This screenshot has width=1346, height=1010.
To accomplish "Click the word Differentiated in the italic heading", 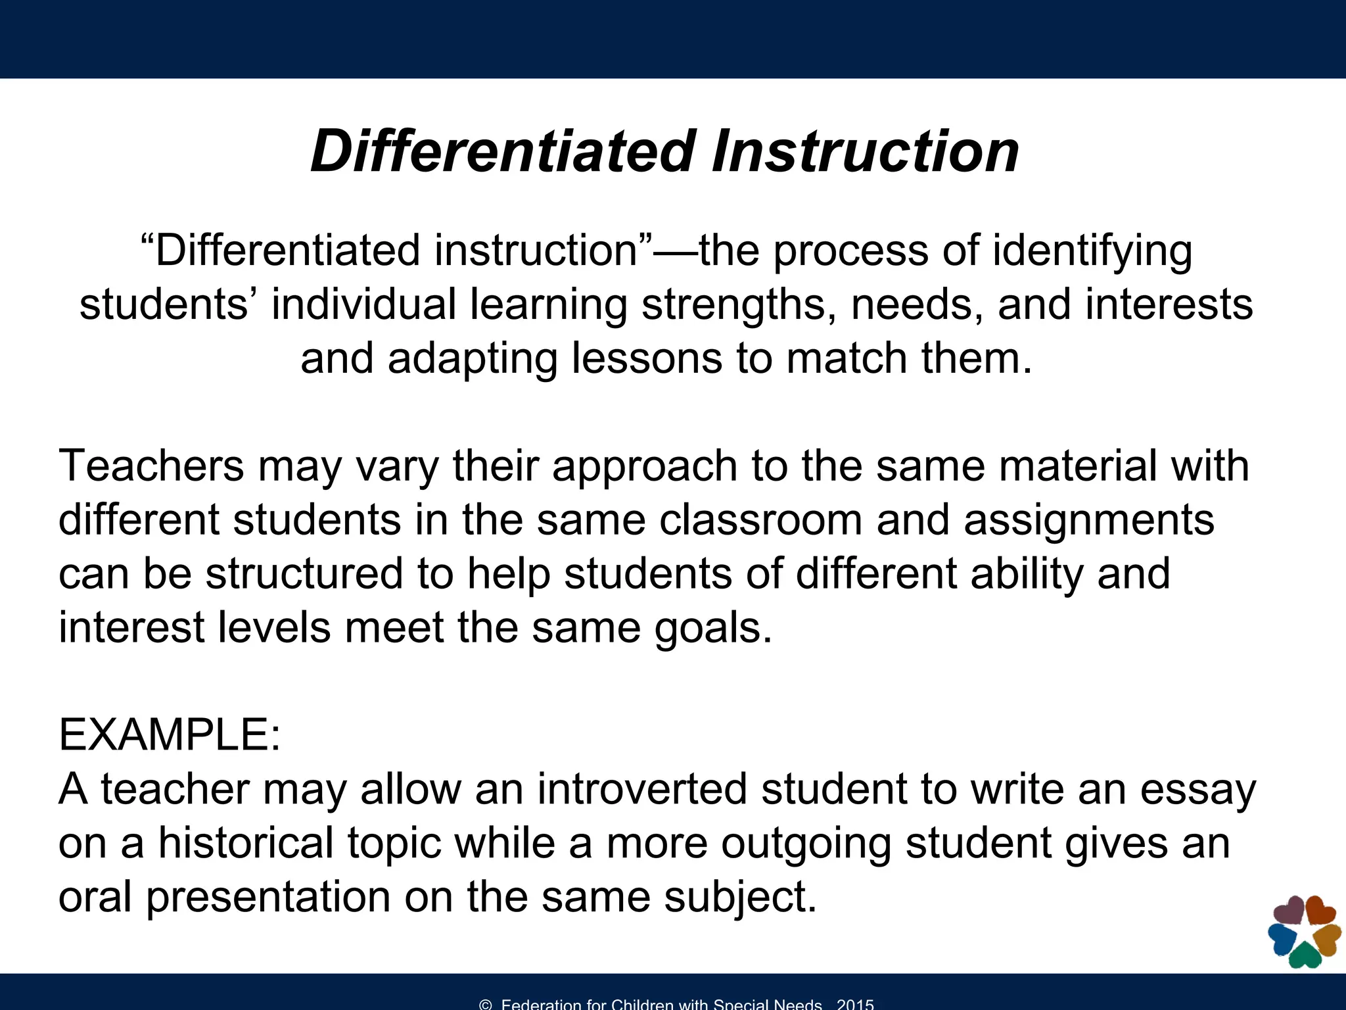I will tap(503, 151).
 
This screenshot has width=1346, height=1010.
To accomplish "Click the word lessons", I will tap(647, 358).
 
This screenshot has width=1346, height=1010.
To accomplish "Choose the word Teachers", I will tap(151, 466).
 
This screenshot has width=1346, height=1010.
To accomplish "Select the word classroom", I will tap(760, 519).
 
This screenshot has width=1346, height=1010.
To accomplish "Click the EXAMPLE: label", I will tap(170, 734).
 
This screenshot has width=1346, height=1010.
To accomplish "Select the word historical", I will tap(246, 842).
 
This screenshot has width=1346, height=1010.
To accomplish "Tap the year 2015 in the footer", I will tap(855, 1004).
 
